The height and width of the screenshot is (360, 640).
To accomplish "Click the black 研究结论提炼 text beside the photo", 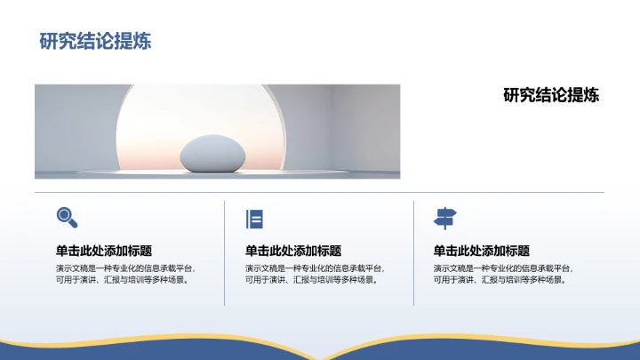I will [x=551, y=95].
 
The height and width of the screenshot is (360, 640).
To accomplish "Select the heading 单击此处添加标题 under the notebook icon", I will [x=292, y=251].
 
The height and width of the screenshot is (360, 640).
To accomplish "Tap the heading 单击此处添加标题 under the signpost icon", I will [x=481, y=251].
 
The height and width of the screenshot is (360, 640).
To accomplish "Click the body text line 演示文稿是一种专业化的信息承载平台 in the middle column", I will [x=314, y=268].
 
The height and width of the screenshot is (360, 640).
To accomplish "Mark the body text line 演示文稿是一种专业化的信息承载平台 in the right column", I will [x=502, y=268].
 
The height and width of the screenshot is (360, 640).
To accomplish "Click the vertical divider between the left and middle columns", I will [x=225, y=253].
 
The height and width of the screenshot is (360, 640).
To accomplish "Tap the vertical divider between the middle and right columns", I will [x=413, y=253].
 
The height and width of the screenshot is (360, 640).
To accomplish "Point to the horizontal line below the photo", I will [x=320, y=192].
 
